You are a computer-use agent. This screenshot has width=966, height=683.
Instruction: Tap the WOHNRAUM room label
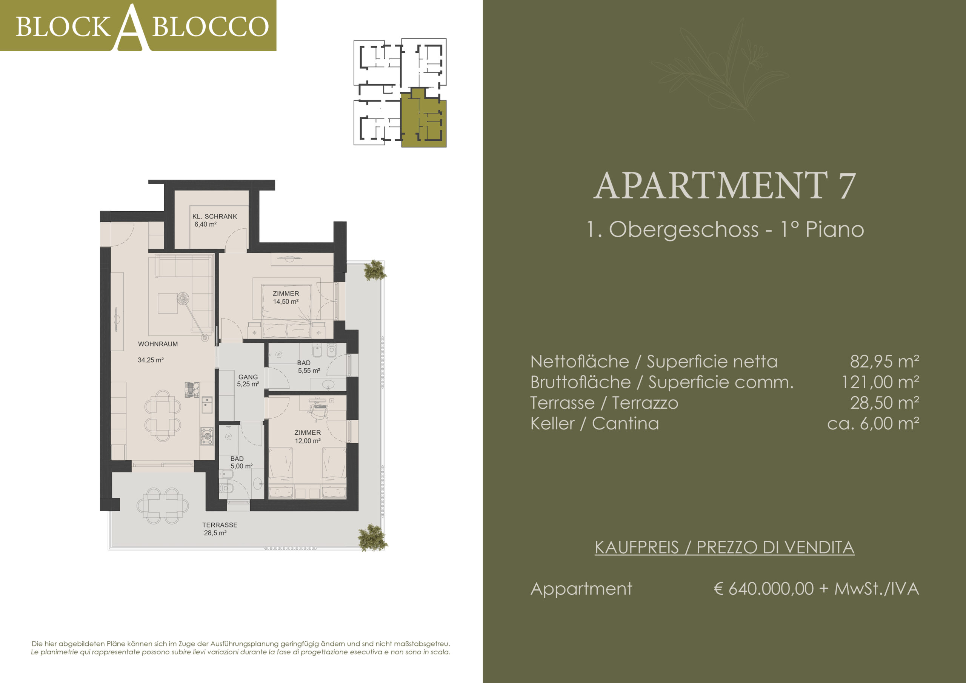point(158,344)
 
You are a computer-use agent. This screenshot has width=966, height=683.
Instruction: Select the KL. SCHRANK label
point(215,216)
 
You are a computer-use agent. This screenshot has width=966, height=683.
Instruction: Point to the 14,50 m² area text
point(286,301)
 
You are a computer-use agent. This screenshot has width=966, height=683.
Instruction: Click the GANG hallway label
point(248,377)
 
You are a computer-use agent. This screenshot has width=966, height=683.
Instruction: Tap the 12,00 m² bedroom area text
point(308,441)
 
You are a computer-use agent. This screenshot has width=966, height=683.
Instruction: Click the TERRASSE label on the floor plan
point(220,525)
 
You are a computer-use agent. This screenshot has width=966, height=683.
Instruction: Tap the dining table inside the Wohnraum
point(163,416)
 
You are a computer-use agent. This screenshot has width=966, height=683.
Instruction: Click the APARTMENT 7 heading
point(724,185)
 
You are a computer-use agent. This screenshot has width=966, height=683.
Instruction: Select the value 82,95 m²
point(884,361)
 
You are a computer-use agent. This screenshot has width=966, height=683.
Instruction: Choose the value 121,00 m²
point(880,382)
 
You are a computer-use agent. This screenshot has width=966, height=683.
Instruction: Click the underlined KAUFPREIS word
point(637,548)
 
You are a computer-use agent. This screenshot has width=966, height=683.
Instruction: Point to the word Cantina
point(625,423)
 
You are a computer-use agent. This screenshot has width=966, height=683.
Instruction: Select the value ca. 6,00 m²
point(873,423)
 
